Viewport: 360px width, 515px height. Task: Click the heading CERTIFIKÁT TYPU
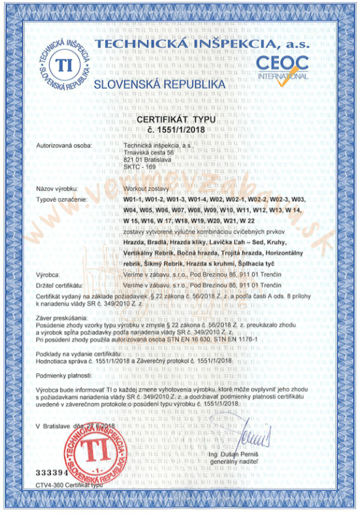[180, 120]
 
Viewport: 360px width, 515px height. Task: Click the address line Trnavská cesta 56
[148, 152]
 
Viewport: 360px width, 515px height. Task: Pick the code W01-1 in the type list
[133, 199]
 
